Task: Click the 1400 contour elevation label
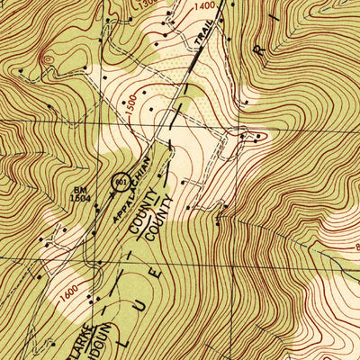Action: click(205, 6)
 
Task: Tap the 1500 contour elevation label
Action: click(133, 102)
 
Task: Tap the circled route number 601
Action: click(120, 183)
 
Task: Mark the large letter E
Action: click(159, 268)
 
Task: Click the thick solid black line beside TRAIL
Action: click(193, 69)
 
